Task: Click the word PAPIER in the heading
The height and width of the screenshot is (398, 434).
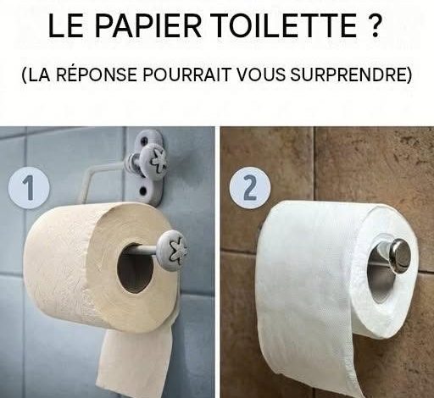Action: point(148,25)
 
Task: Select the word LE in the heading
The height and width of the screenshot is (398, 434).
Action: point(66,25)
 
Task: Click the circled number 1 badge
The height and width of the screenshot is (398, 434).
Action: point(29,188)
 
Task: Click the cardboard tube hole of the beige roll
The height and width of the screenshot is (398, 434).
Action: point(135,268)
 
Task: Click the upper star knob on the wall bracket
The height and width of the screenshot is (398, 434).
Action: point(155,160)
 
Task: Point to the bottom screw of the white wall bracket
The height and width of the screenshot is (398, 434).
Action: point(143,191)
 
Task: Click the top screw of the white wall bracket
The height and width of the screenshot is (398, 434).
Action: point(146,140)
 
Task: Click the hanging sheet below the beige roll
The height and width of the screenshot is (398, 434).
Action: point(135,362)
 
